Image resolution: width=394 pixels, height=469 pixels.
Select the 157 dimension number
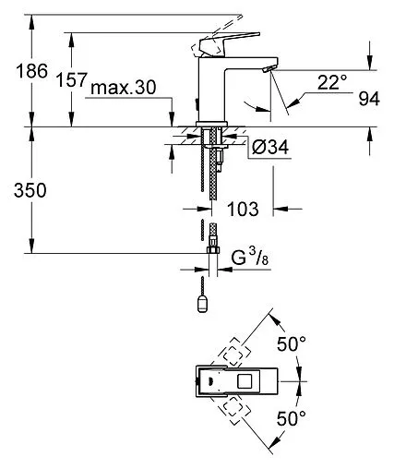coord(73,80)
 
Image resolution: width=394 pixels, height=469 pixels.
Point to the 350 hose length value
coord(20,191)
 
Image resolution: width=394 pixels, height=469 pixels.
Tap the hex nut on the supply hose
coord(212,252)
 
